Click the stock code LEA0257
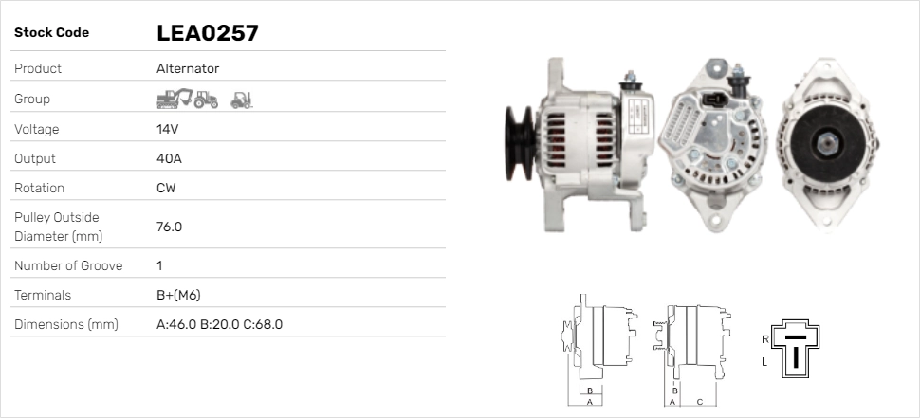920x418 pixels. tap(207, 33)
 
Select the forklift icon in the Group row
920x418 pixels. tap(241, 99)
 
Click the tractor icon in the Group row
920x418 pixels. tap(206, 99)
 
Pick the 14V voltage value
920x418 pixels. tap(168, 129)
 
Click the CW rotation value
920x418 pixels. tap(166, 188)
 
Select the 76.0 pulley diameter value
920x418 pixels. tap(169, 227)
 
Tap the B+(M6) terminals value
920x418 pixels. tap(178, 295)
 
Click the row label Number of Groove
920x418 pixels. tap(68, 265)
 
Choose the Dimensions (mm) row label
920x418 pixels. tap(65, 324)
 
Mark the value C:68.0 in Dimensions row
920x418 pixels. tap(263, 324)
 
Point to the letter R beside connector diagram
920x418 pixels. tap(764, 338)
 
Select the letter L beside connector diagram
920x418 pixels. tap(764, 362)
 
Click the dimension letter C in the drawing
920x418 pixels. tap(700, 401)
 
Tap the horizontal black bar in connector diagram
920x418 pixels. tap(795, 336)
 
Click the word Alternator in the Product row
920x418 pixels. tap(188, 68)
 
